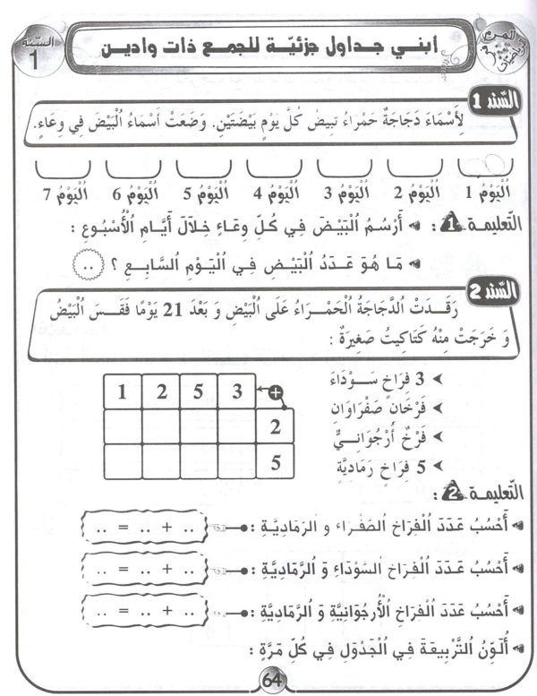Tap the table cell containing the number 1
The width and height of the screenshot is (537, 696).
tap(123, 391)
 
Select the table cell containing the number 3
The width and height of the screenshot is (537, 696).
tap(235, 391)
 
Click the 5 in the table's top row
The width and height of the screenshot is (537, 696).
tap(198, 391)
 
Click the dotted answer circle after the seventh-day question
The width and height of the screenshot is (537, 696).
tap(85, 267)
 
